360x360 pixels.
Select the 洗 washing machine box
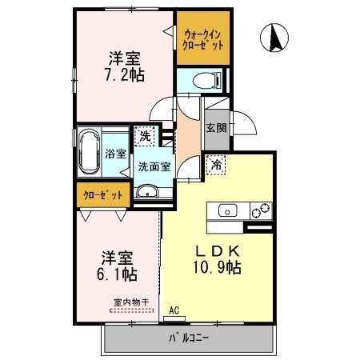(145, 136)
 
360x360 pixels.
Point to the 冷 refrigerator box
(217, 165)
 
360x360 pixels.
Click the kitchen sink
(226, 211)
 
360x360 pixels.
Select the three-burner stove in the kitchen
(260, 211)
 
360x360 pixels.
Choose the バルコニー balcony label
(189, 338)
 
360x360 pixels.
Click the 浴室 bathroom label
(114, 154)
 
